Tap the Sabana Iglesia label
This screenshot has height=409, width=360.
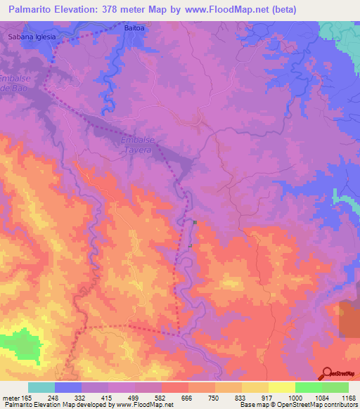[30, 36]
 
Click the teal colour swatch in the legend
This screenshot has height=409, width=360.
[41, 387]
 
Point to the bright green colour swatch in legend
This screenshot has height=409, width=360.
[308, 387]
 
